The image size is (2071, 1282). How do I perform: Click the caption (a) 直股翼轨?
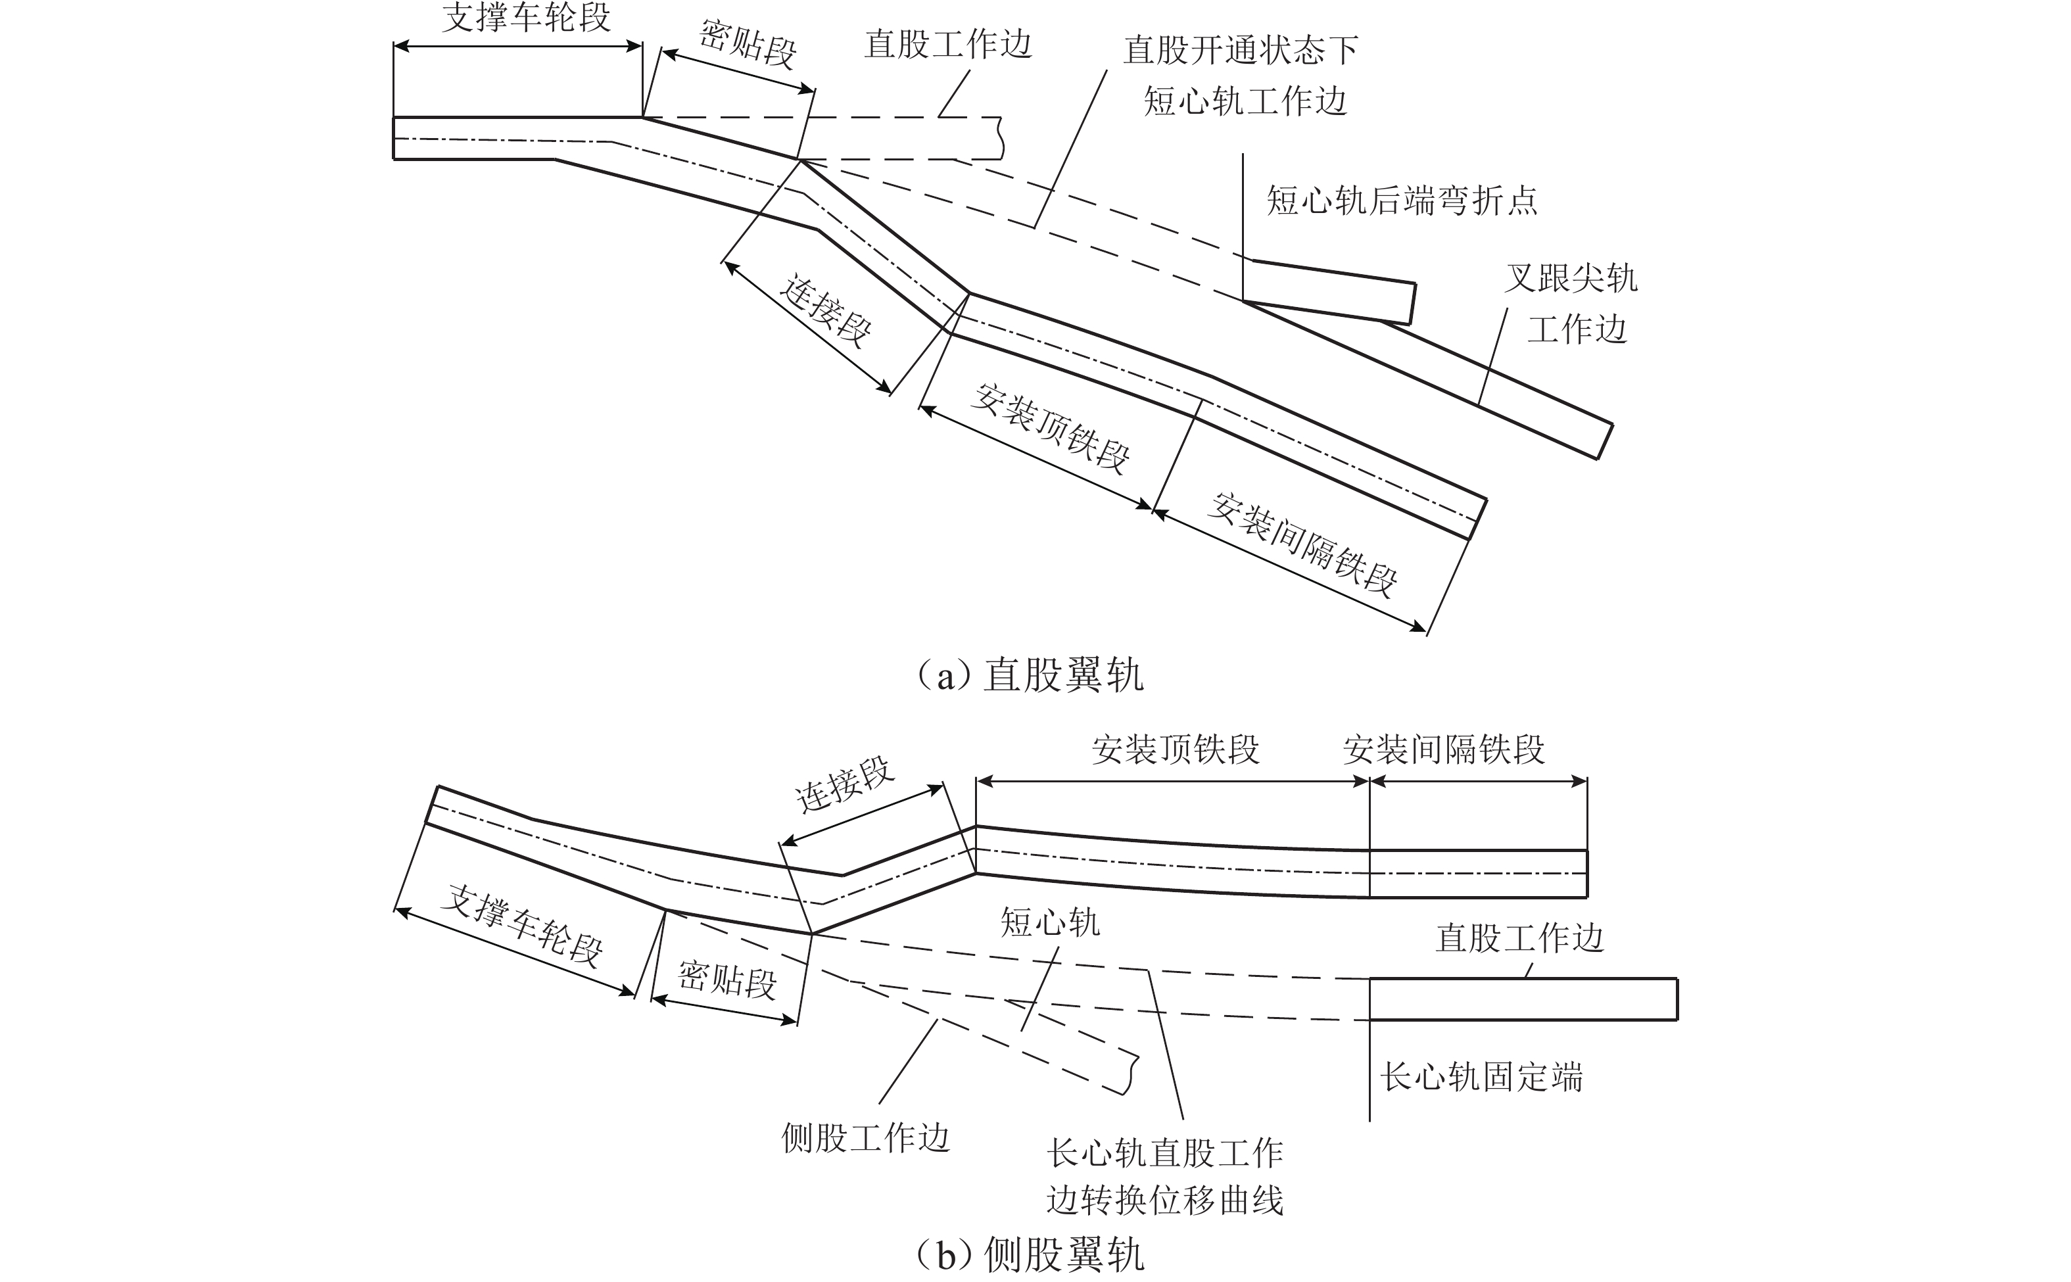pos(1031,676)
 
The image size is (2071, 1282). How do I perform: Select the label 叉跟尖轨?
pos(1571,278)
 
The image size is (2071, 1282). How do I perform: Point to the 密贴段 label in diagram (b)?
pos(726,980)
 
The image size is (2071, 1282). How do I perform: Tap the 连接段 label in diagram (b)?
pos(844,784)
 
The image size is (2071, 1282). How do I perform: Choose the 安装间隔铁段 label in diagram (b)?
pos(1444,749)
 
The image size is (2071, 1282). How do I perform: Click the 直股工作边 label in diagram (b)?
pos(1519,938)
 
